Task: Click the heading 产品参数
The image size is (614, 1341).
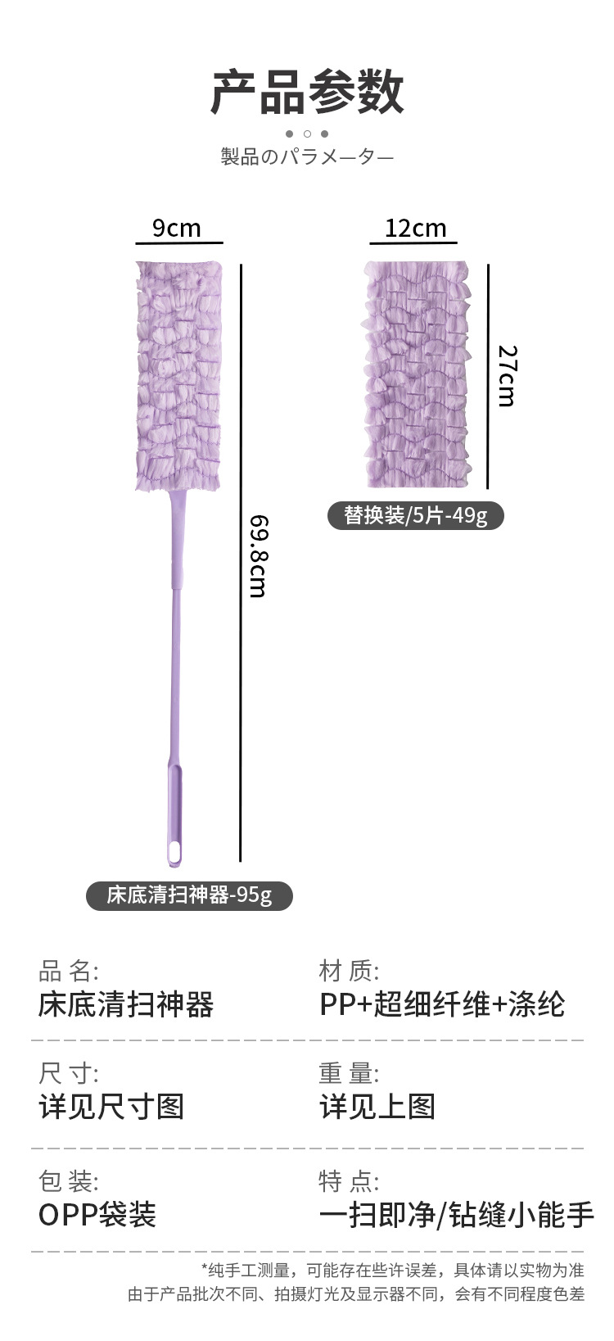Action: [307, 92]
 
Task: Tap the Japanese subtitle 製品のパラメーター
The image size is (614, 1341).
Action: [307, 156]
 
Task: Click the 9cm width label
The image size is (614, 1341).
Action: [177, 228]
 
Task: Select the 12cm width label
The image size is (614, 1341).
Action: [416, 228]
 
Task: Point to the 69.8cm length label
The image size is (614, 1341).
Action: [259, 556]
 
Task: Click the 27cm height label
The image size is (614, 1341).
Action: [508, 376]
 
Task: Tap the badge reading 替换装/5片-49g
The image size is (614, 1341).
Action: [415, 515]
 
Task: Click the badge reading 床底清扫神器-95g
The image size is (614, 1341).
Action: [189, 895]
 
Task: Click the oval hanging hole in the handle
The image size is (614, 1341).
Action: [174, 852]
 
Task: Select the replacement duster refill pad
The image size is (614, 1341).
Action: [417, 375]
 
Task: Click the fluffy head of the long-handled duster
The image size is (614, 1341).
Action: [178, 376]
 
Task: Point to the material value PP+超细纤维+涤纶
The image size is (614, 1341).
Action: [442, 1004]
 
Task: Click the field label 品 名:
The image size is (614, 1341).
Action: [69, 972]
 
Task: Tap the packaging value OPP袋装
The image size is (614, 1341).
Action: [97, 1215]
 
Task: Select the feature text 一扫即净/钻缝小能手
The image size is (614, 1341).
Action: [456, 1215]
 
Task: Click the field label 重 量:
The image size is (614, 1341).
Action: [350, 1073]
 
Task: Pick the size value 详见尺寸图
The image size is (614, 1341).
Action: [111, 1107]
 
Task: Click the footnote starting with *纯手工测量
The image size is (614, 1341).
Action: [393, 1271]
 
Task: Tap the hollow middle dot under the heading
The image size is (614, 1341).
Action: [307, 134]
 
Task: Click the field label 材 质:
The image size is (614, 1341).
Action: [350, 972]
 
